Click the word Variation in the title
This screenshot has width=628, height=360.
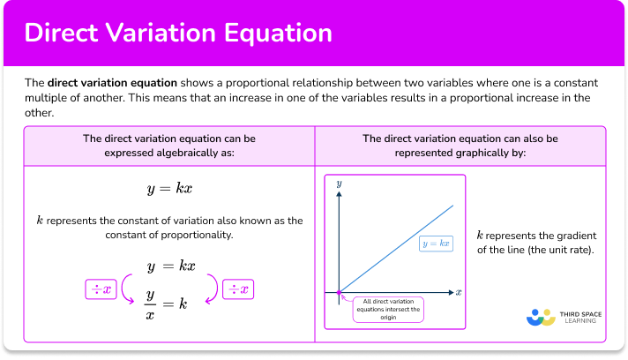170,34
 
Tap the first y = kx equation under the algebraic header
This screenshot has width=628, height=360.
169,190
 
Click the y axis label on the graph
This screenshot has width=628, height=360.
339,181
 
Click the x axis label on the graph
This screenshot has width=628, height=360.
460,291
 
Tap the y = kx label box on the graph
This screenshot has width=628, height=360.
436,243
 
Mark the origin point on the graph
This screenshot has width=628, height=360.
339,291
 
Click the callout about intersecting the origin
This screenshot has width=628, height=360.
388,310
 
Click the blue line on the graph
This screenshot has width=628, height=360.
397,249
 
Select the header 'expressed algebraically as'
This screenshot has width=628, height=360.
169,152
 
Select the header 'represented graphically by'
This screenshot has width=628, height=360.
459,152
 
